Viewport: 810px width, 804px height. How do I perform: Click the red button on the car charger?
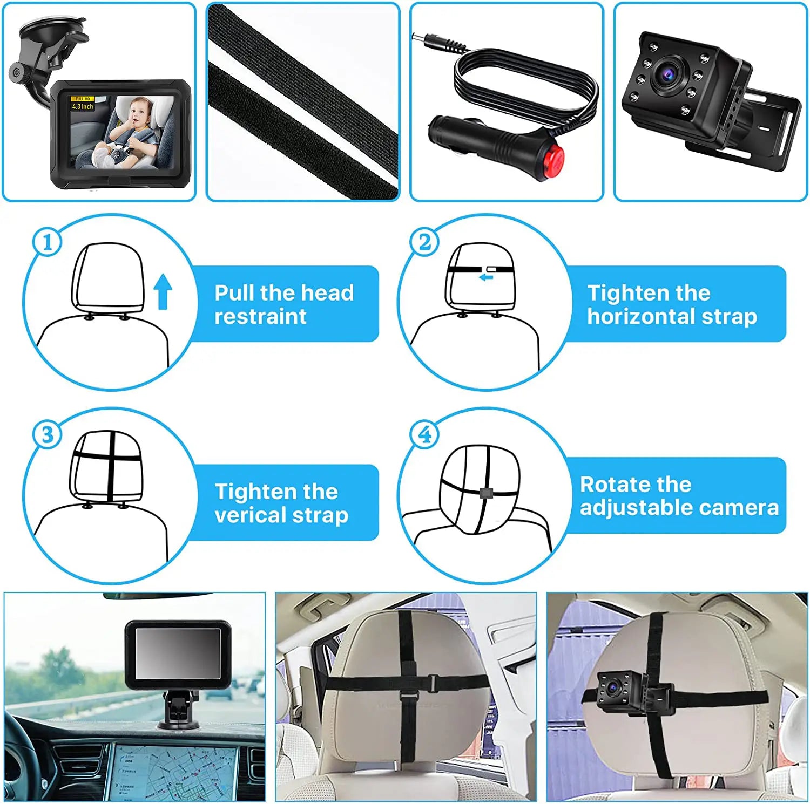pos(553,161)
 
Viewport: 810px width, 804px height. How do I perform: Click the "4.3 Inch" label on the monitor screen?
pos(83,106)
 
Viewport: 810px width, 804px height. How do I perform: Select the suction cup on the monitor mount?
pos(51,32)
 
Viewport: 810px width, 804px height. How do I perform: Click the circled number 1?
pos(48,242)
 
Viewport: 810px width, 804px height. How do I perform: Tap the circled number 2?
pos(425,242)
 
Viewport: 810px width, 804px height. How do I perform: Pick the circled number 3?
pos(48,435)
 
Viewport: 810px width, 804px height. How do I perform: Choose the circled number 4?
pos(425,435)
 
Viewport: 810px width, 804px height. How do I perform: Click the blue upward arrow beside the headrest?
pos(163,291)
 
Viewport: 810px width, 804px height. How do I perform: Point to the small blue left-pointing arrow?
pos(486,277)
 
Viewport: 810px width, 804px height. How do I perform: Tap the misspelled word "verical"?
pos(250,515)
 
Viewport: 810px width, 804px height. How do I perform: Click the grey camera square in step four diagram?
pos(485,492)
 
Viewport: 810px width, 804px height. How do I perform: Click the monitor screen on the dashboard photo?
pos(178,653)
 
